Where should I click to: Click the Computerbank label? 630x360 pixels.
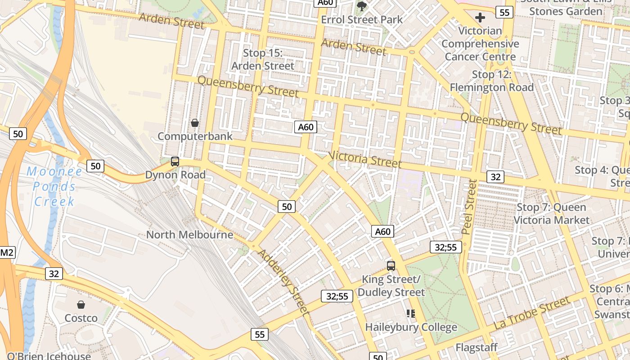pos(195,136)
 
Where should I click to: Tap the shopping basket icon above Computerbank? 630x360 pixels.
pos(195,122)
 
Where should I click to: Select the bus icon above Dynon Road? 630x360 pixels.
pos(175,162)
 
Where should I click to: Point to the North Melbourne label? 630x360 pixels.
pos(189,234)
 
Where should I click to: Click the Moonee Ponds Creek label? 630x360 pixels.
pos(54,186)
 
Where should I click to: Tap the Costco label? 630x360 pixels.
pos(81,318)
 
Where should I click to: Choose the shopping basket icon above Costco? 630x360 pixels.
pos(81,305)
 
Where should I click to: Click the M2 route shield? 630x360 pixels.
pos(7,252)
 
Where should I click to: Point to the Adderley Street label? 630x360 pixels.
pos(283,281)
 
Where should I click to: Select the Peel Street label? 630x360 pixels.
pos(468,207)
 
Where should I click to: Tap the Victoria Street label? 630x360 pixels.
pos(365,159)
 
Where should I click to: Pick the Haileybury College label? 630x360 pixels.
pos(411,327)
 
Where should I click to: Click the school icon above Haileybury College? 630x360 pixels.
pos(410,313)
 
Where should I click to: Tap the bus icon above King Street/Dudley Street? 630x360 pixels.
pos(391,265)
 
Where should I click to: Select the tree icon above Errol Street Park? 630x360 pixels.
pos(361,6)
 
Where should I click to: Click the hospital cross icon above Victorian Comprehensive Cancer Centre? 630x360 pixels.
pos(480,18)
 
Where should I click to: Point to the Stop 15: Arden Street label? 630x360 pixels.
pos(263,59)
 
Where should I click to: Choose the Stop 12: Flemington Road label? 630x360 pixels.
pos(491,81)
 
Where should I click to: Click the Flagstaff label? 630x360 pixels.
pos(477,347)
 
